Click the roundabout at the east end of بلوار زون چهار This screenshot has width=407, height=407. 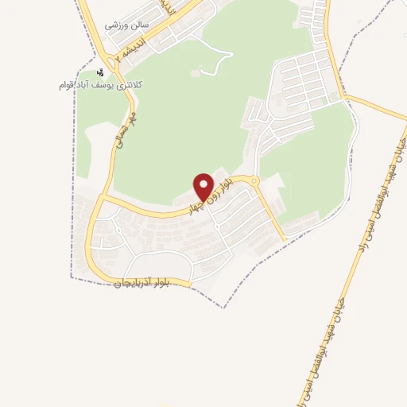[254, 182]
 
